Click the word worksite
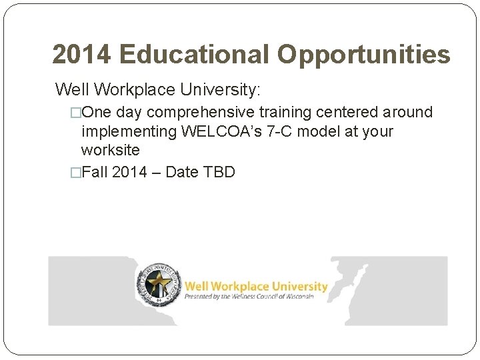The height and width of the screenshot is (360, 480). click(x=110, y=151)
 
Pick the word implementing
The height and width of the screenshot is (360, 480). click(x=129, y=131)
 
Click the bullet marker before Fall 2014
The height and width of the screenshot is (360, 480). click(x=75, y=173)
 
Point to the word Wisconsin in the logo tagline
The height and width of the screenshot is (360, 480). click(x=297, y=297)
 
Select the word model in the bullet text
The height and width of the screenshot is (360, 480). click(x=327, y=131)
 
